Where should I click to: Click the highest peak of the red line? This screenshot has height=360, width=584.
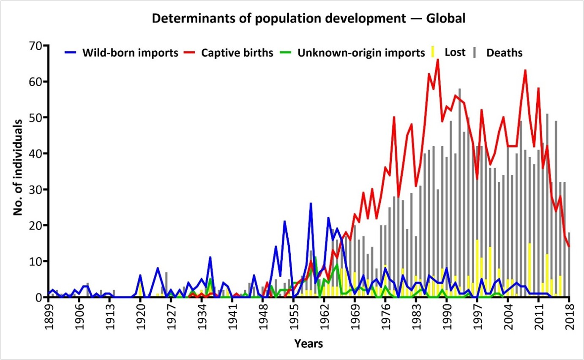coord(438,60)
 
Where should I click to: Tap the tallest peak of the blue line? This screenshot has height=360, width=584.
coord(311,204)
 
